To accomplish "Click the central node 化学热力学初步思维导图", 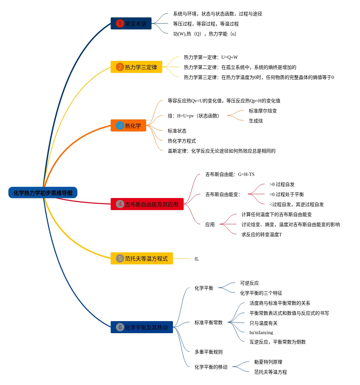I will pyautogui.click(x=43, y=193).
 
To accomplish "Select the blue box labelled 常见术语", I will pyautogui.click(x=131, y=23).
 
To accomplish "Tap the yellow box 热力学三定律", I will pyautogui.click(x=136, y=67).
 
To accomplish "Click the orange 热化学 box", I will pyautogui.click(x=128, y=125).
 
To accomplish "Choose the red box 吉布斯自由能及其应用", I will pyautogui.click(x=147, y=204).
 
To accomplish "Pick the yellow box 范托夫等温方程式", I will pyautogui.click(x=142, y=258).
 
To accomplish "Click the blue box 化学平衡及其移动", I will pyautogui.click(x=142, y=327).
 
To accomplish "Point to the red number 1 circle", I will pyautogui.click(x=120, y=23).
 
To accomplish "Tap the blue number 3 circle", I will pyautogui.click(x=120, y=125).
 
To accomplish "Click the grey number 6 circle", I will pyautogui.click(x=120, y=327).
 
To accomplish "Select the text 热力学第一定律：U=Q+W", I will pyautogui.click(x=211, y=57).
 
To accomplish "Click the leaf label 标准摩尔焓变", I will pyautogui.click(x=263, y=111).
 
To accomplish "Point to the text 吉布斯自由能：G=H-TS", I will pyautogui.click(x=230, y=174).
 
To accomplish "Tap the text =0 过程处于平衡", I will pyautogui.click(x=286, y=194).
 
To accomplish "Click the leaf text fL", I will pyautogui.click(x=197, y=259).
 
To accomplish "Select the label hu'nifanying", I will pyautogui.click(x=261, y=332).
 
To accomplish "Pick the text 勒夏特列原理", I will pyautogui.click(x=268, y=362).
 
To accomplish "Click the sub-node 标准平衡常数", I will pyautogui.click(x=208, y=322).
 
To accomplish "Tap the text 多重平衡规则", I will pyautogui.click(x=208, y=352).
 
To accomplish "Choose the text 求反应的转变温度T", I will pyautogui.click(x=262, y=234).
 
